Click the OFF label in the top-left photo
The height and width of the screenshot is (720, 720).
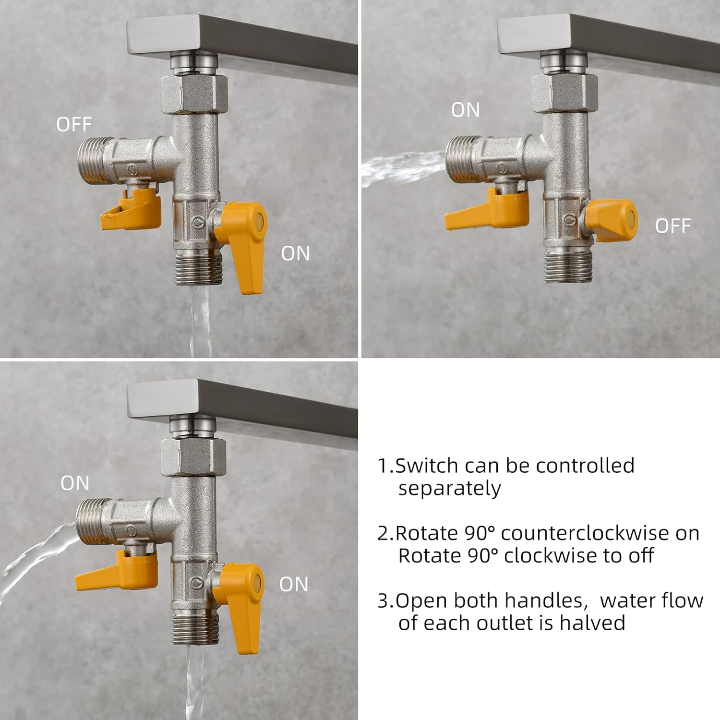73,124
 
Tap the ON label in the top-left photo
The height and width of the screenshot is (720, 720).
295,253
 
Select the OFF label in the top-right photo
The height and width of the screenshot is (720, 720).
672,226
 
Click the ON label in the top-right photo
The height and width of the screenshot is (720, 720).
465,110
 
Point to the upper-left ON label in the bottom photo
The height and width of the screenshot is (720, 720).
75,483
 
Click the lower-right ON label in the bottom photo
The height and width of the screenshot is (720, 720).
294,584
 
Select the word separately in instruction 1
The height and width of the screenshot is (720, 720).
449,489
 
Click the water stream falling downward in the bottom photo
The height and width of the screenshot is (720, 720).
194,682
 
